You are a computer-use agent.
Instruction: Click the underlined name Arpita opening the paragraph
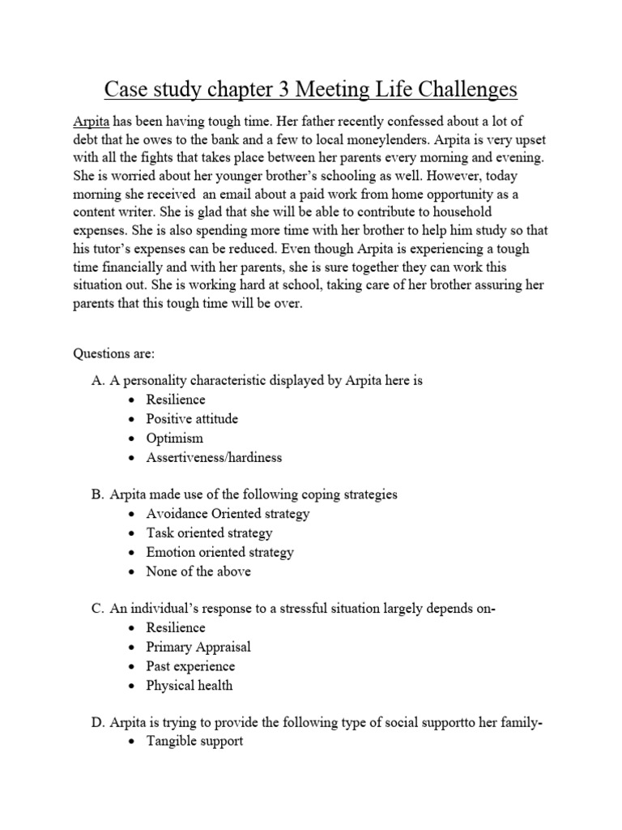(91, 121)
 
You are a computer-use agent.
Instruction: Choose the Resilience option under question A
(176, 400)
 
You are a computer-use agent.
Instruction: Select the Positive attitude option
(192, 419)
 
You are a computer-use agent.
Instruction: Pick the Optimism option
(174, 439)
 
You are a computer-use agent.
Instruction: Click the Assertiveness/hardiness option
(214, 457)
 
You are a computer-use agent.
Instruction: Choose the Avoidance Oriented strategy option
(228, 514)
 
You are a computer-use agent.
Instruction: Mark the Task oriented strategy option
(209, 533)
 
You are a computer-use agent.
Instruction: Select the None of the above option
(198, 571)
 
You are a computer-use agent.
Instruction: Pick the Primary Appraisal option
(198, 647)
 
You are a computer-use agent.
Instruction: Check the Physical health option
(189, 685)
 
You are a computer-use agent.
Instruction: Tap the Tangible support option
(194, 742)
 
